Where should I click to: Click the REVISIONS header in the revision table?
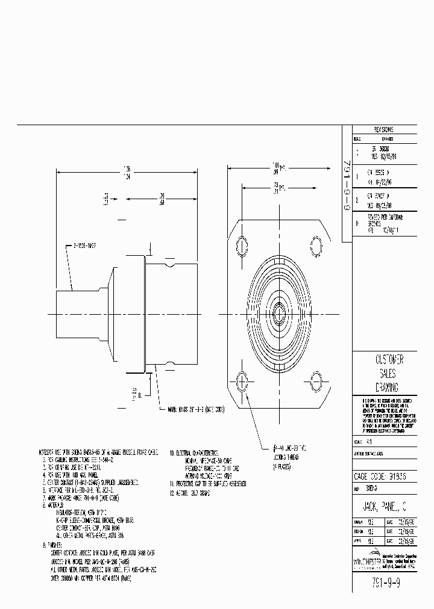pyautogui.click(x=383, y=129)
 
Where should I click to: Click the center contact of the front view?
pyautogui.click(x=278, y=313)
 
